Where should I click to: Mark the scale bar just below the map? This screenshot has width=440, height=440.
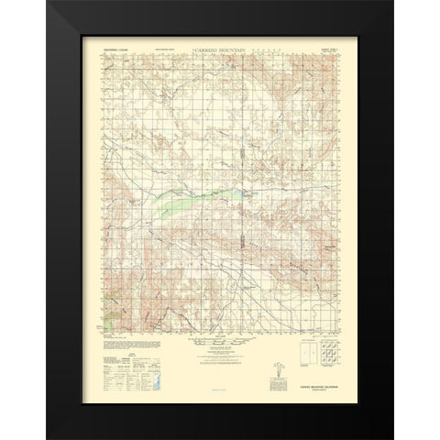coord(221,335)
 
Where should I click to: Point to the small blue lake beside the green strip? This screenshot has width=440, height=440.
coord(245,195)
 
